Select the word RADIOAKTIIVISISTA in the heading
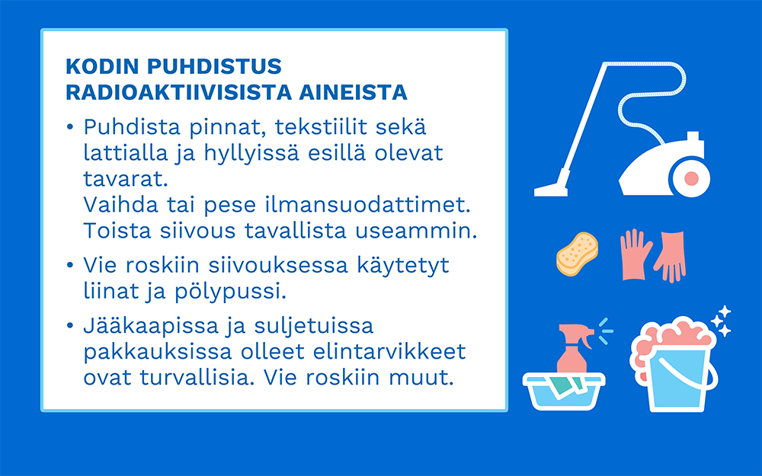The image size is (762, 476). (178, 92)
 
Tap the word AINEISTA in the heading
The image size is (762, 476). (353, 92)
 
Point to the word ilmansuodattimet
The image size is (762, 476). (368, 204)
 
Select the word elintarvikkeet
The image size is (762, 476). (389, 352)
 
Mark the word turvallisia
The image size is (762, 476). (197, 378)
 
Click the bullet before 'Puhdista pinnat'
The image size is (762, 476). (70, 127)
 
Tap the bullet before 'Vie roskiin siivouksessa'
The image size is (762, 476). (70, 265)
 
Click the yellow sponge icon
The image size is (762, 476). (578, 254)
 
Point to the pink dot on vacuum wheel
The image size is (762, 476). (691, 178)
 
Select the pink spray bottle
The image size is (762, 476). (575, 349)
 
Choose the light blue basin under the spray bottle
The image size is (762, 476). (564, 391)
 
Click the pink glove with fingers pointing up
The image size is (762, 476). (636, 254)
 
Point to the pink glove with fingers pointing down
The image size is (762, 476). (671, 257)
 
